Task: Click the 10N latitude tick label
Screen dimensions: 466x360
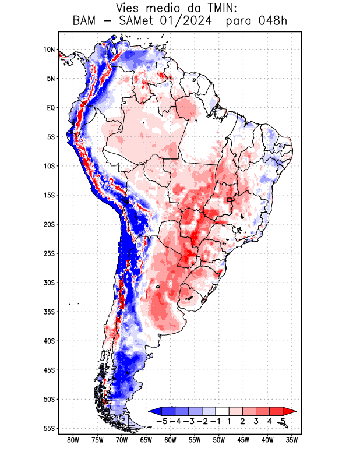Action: point(49,50)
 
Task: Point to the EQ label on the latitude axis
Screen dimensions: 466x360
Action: point(51,108)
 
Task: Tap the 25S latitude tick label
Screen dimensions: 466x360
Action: point(49,253)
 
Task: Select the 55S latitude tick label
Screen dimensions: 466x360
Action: point(49,428)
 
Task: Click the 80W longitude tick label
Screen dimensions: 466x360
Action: point(73,440)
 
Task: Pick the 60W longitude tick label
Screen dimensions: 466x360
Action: point(170,440)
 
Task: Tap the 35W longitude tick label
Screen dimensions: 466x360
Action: point(292,440)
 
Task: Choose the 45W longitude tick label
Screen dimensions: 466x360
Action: point(243,440)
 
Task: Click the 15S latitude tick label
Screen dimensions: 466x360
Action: point(49,195)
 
